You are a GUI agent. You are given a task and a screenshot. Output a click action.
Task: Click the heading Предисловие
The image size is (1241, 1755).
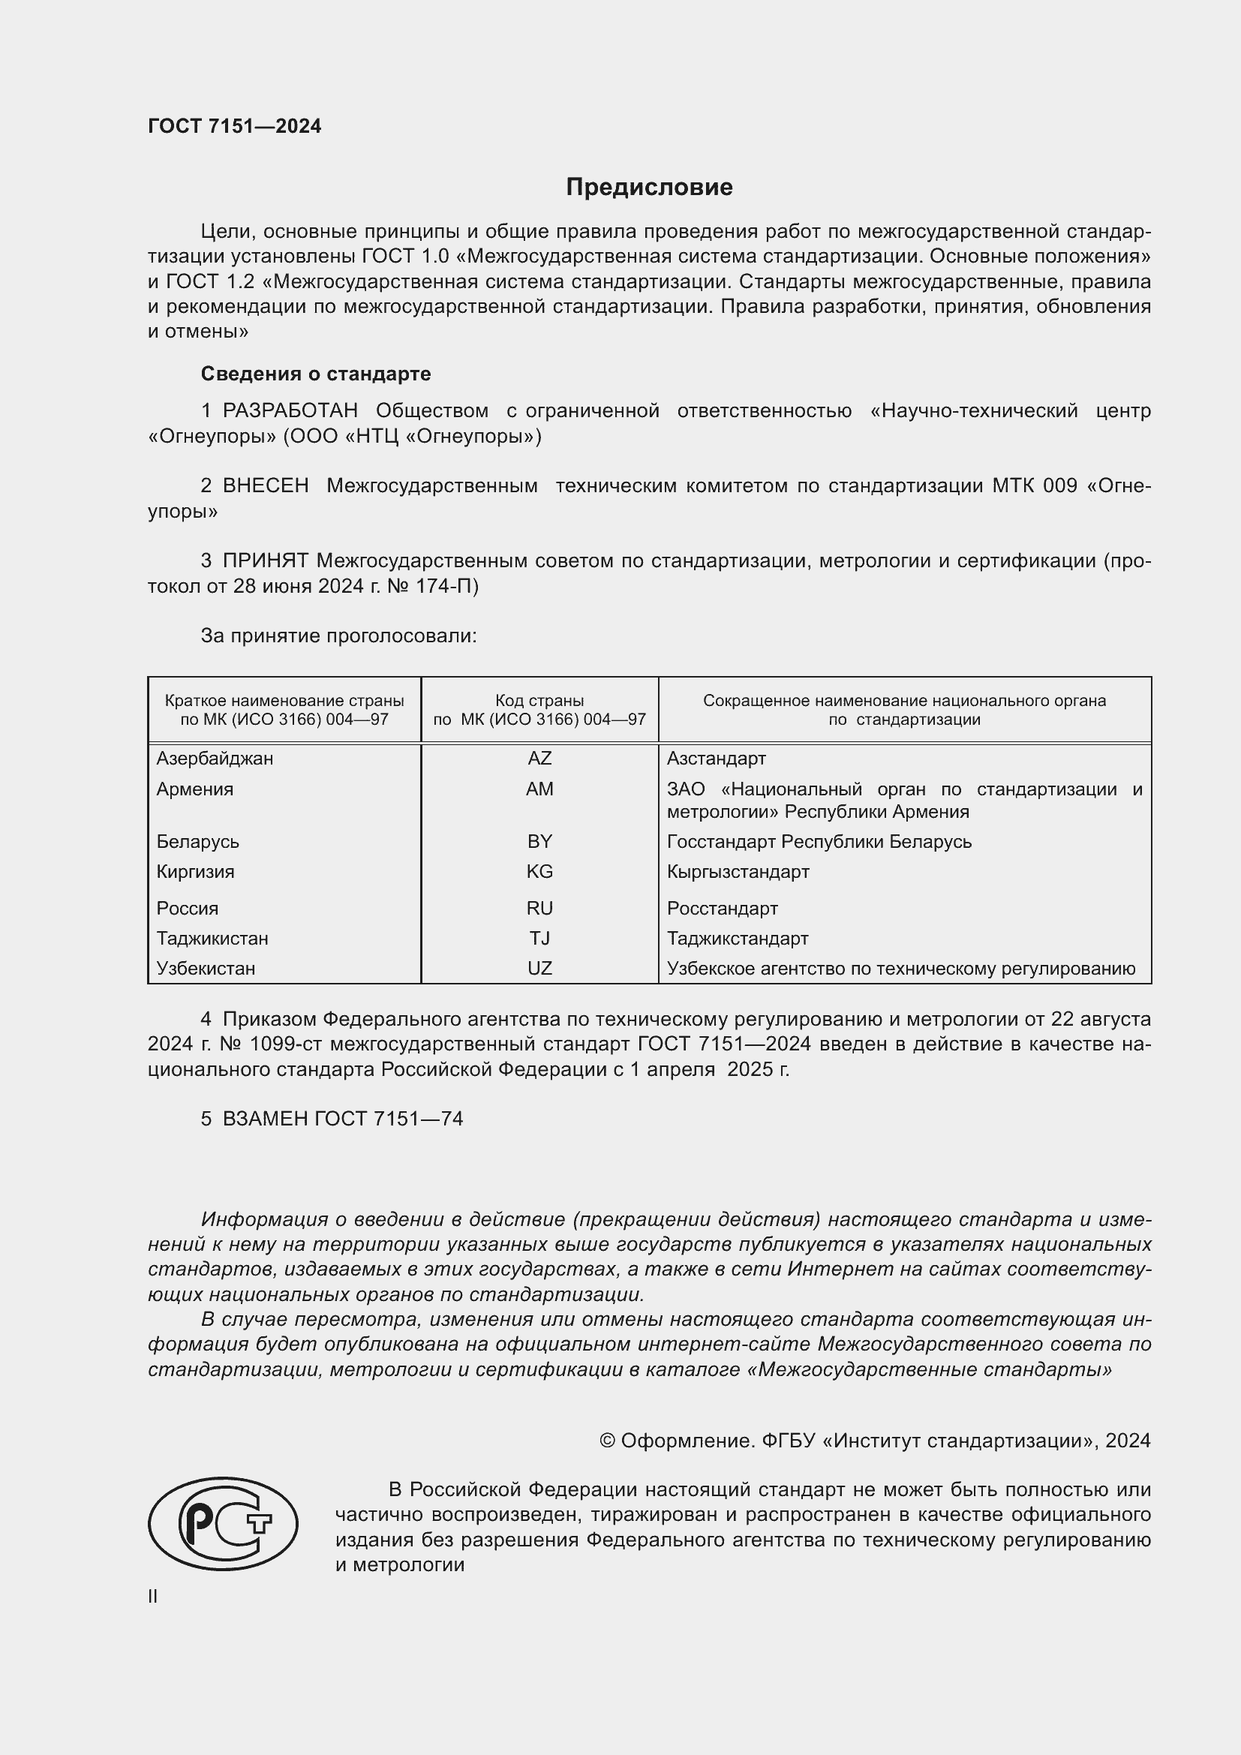(649, 188)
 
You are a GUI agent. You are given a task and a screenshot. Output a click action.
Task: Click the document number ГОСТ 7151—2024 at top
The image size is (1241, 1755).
(235, 126)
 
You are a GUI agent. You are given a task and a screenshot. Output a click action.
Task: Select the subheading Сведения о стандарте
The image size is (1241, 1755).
(316, 374)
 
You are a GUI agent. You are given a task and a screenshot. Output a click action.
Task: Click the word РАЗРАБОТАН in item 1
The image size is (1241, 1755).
(290, 411)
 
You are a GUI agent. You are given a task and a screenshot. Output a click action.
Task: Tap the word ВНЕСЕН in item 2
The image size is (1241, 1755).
(265, 486)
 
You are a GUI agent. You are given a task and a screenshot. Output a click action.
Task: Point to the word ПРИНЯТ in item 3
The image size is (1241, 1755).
(265, 561)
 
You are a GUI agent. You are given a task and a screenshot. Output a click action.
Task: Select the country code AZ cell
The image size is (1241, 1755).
(539, 759)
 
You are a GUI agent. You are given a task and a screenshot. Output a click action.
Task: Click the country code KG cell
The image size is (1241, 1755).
(539, 871)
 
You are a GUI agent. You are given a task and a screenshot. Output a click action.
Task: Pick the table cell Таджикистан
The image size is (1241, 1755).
(212, 938)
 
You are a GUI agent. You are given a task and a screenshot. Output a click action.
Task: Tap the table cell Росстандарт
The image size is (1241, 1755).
(722, 908)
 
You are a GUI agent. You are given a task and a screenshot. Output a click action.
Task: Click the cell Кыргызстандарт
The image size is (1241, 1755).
(738, 871)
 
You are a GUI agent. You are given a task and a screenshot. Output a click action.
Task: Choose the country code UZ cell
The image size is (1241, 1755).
(539, 969)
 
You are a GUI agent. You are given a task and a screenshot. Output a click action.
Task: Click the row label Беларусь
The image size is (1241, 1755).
(198, 842)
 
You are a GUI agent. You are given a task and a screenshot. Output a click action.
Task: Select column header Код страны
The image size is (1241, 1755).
(539, 700)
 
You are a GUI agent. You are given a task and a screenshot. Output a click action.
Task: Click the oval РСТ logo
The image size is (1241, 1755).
(223, 1523)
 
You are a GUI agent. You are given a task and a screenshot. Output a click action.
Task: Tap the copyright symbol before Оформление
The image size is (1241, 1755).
(608, 1441)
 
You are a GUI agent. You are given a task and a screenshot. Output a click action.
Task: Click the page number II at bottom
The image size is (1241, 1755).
(153, 1596)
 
